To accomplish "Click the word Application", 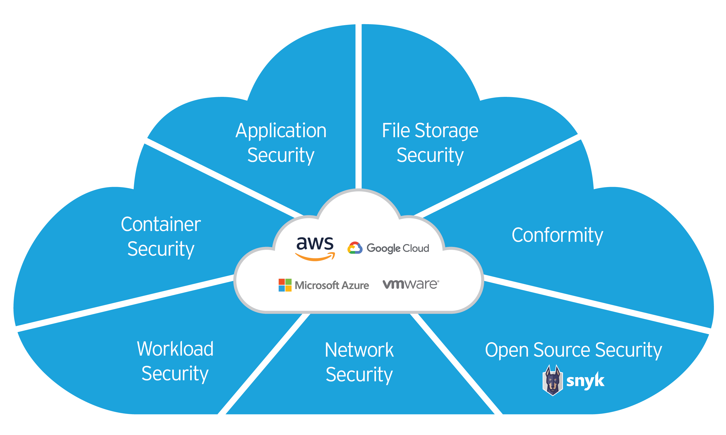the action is [x=281, y=131].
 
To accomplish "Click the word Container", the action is [x=161, y=224].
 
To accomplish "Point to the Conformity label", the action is [x=557, y=235].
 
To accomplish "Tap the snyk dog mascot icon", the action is [x=552, y=380].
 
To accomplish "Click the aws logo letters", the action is [x=315, y=243].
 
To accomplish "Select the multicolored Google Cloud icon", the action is [x=355, y=248].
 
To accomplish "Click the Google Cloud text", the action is [x=398, y=248].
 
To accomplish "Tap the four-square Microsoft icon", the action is [x=285, y=285].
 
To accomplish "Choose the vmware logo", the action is [x=411, y=284].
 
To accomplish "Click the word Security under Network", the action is [x=359, y=375].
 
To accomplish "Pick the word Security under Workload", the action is [x=175, y=374].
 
